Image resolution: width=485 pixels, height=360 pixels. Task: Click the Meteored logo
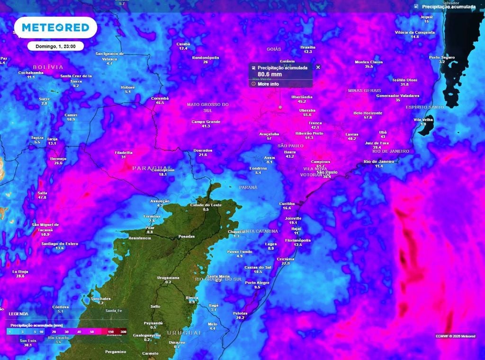55,27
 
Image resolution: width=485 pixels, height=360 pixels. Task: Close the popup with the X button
318,67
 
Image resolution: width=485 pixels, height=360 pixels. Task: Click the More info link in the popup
268,84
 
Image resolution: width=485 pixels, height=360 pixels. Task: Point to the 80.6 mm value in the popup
269,74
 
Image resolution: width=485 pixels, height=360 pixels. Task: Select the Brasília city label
307,47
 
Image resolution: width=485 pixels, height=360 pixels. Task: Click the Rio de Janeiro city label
379,162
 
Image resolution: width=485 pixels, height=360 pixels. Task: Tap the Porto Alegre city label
257,282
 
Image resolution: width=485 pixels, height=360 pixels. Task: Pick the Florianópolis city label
297,240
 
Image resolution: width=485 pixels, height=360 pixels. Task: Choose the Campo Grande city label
206,122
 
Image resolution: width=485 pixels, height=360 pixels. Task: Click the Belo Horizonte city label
368,113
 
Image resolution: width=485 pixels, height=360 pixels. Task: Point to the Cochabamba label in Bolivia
31,72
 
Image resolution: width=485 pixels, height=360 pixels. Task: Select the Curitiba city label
287,203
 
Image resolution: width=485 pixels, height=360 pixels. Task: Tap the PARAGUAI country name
152,168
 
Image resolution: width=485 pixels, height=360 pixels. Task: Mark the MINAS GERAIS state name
364,90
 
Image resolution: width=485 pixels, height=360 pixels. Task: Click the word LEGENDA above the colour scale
18,314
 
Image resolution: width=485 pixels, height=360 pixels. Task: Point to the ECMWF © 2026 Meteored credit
455,336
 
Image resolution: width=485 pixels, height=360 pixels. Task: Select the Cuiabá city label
183,44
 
